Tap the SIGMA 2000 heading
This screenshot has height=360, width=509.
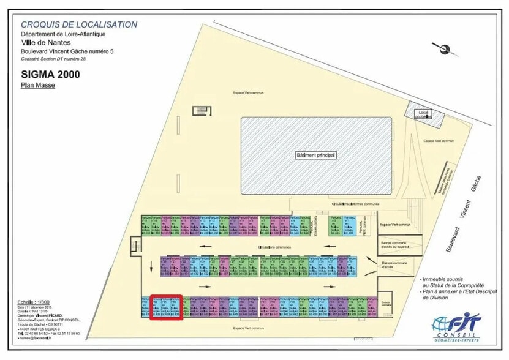tap(50, 75)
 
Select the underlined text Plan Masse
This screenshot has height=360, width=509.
tap(38, 86)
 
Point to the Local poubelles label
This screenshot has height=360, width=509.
tap(422, 114)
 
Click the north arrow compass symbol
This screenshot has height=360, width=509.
tap(440, 48)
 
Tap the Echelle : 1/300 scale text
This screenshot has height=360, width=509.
tap(34, 302)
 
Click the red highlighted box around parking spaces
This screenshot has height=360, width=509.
tap(167, 307)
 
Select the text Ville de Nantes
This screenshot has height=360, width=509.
tap(46, 43)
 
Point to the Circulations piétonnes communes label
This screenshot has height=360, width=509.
tap(355, 204)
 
